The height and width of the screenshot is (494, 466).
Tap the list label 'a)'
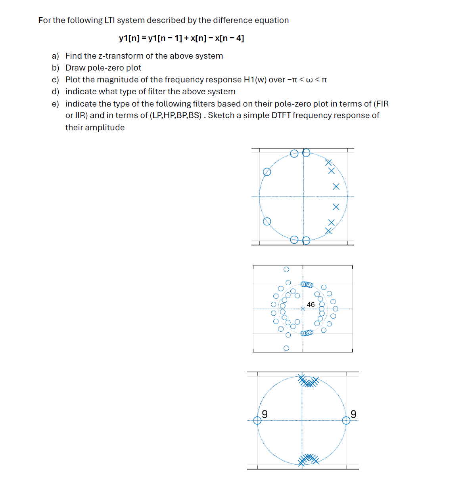coord(55,56)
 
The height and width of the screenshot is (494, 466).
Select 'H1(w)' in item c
coord(255,80)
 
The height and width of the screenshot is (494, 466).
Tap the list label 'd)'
coord(55,92)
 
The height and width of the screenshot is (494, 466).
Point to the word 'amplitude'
coord(105,128)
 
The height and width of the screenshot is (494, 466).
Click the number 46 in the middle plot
coord(311,305)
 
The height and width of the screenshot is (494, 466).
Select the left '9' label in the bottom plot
coord(265,414)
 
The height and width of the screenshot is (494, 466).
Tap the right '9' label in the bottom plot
coord(353,414)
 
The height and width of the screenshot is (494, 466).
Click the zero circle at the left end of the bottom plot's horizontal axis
coord(257,420)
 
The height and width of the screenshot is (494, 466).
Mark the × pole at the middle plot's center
coord(303,309)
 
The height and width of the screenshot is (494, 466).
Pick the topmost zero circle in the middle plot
coord(286,269)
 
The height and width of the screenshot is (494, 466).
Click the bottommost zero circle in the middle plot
coord(286,348)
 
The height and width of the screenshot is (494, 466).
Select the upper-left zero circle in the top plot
coord(267,172)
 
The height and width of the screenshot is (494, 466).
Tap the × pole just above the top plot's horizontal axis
coord(336,187)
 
